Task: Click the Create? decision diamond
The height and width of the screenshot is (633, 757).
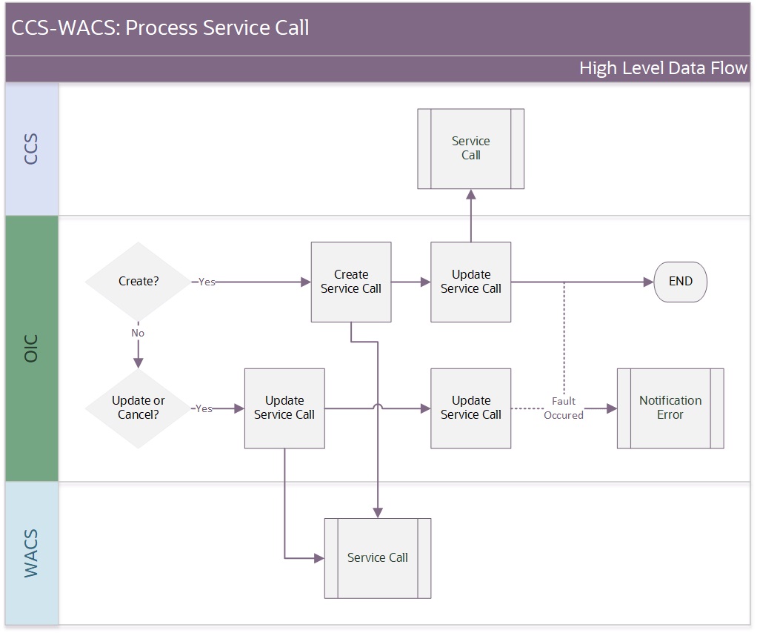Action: (x=138, y=281)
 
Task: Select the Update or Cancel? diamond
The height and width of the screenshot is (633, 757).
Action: (x=138, y=408)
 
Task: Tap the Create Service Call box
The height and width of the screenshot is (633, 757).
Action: (x=351, y=282)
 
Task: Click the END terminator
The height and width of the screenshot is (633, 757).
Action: (x=680, y=282)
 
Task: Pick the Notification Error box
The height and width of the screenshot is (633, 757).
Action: (x=670, y=408)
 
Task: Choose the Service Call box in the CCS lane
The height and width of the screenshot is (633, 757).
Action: (x=470, y=148)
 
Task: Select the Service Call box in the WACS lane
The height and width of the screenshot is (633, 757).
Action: (x=378, y=558)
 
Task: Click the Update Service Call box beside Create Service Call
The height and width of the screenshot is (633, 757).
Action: (x=470, y=282)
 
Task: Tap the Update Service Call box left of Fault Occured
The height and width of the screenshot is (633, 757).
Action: (x=470, y=408)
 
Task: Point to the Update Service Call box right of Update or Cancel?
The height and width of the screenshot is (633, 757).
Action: (x=284, y=408)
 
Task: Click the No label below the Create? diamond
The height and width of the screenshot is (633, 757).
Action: (x=138, y=333)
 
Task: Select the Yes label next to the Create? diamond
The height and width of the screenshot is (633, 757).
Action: (x=207, y=282)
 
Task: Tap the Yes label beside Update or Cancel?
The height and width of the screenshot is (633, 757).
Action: (x=204, y=408)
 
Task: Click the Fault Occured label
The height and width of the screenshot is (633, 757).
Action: (x=564, y=408)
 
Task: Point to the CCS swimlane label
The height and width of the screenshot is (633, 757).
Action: (x=31, y=149)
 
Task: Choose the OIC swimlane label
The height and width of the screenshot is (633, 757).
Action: (x=31, y=348)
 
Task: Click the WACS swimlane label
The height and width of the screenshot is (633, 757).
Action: (x=31, y=554)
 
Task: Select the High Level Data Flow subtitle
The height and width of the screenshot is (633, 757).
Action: (x=664, y=68)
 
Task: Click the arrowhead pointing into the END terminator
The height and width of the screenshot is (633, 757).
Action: (x=649, y=282)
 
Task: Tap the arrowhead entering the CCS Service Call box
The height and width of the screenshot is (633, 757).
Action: (x=470, y=194)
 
